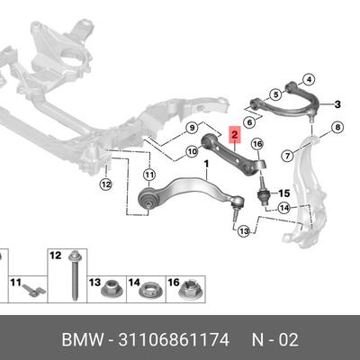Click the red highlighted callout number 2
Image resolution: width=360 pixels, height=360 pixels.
click(234, 135)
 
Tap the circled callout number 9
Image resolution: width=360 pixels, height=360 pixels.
click(193, 128)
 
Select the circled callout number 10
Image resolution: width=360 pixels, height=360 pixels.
click(193, 152)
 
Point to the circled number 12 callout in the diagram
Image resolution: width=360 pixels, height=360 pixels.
click(106, 184)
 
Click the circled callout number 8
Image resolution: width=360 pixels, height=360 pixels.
click(337, 128)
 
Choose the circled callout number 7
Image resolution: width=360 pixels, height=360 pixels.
click(288, 156)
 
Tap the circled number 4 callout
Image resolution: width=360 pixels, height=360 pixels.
click(309, 79)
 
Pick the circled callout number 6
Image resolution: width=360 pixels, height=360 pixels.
click(249, 122)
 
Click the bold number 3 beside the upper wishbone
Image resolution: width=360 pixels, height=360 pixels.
click(337, 104)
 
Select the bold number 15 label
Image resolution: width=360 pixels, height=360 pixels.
click(284, 193)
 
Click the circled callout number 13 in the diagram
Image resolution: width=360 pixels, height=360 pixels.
click(244, 231)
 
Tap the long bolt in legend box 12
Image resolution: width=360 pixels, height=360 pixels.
click(74, 275)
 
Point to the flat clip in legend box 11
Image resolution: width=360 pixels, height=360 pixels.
click(33, 290)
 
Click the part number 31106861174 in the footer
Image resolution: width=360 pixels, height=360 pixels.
click(174, 340)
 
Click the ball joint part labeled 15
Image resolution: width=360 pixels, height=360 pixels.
click(264, 193)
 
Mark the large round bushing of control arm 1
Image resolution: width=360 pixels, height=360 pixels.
click(148, 197)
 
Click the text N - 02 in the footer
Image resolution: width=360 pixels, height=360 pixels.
click(274, 340)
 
